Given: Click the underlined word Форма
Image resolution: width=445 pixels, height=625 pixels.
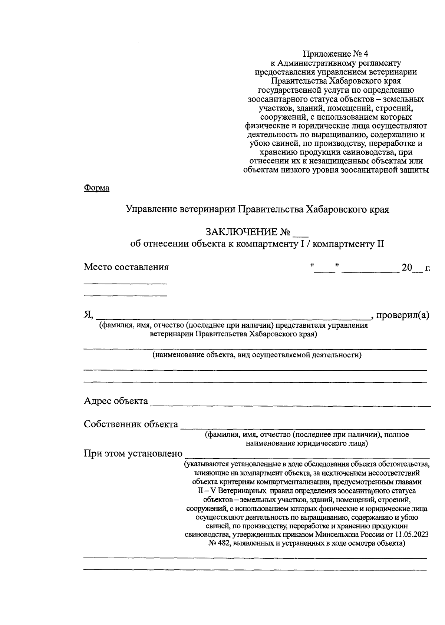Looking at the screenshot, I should tap(96, 188).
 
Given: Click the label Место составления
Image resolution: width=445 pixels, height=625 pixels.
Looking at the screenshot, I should tap(126, 267).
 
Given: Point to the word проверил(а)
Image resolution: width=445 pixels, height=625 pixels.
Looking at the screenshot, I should tap(403, 315).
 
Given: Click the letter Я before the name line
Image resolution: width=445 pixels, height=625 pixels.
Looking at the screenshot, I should tap(88, 315).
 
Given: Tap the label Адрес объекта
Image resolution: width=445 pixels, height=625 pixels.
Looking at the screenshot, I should tap(116, 401).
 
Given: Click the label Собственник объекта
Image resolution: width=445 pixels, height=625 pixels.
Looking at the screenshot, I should tap(131, 424).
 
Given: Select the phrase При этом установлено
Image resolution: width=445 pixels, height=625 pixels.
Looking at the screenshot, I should tap(133, 453).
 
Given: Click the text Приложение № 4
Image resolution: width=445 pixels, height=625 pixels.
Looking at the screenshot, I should tap(336, 54).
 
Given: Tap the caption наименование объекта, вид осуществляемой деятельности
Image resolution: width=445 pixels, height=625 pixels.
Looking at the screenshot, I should tap(257, 355).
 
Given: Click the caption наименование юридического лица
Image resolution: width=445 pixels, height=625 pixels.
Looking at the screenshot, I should tap(307, 443).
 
